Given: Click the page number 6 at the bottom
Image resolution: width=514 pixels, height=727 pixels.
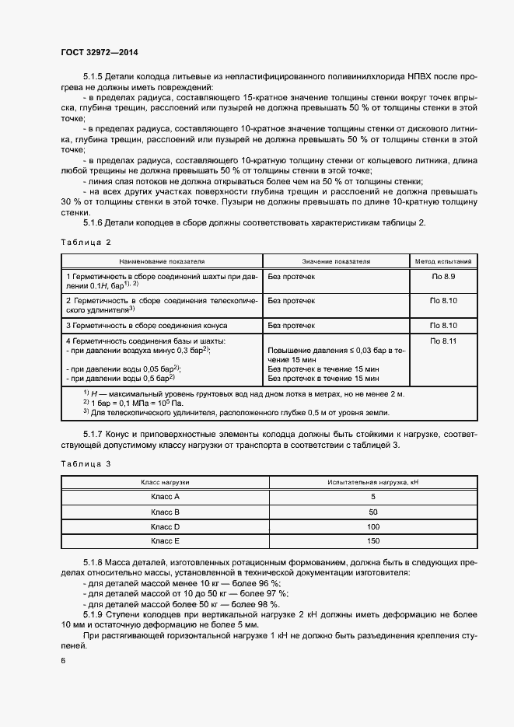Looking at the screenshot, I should [63, 661].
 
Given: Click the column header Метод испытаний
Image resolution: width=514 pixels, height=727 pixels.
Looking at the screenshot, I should [443, 262].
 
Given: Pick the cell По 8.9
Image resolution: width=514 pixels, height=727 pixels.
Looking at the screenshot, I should [443, 276].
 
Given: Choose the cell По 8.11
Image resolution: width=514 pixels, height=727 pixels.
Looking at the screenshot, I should [443, 341].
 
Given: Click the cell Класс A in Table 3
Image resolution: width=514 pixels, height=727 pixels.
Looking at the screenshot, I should [165, 497].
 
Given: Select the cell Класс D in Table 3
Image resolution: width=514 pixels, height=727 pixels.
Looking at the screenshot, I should [165, 526].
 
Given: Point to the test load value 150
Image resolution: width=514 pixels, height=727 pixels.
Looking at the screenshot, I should [373, 541].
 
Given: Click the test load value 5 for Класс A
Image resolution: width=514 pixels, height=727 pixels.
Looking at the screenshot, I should [373, 497].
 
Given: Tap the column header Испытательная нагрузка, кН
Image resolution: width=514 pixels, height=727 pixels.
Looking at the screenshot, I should [373, 483].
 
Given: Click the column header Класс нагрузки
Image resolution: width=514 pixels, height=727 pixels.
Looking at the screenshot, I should [165, 483].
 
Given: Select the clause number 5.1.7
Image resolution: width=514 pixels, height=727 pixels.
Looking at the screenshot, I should [94, 432].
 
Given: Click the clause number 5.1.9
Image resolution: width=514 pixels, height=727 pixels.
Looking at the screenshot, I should [94, 613].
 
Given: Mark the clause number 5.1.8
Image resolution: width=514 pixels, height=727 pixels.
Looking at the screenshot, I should [94, 561].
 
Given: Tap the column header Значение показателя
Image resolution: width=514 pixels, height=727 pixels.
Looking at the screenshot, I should [336, 262].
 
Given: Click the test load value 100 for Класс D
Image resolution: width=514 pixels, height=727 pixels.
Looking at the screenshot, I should [373, 526].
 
